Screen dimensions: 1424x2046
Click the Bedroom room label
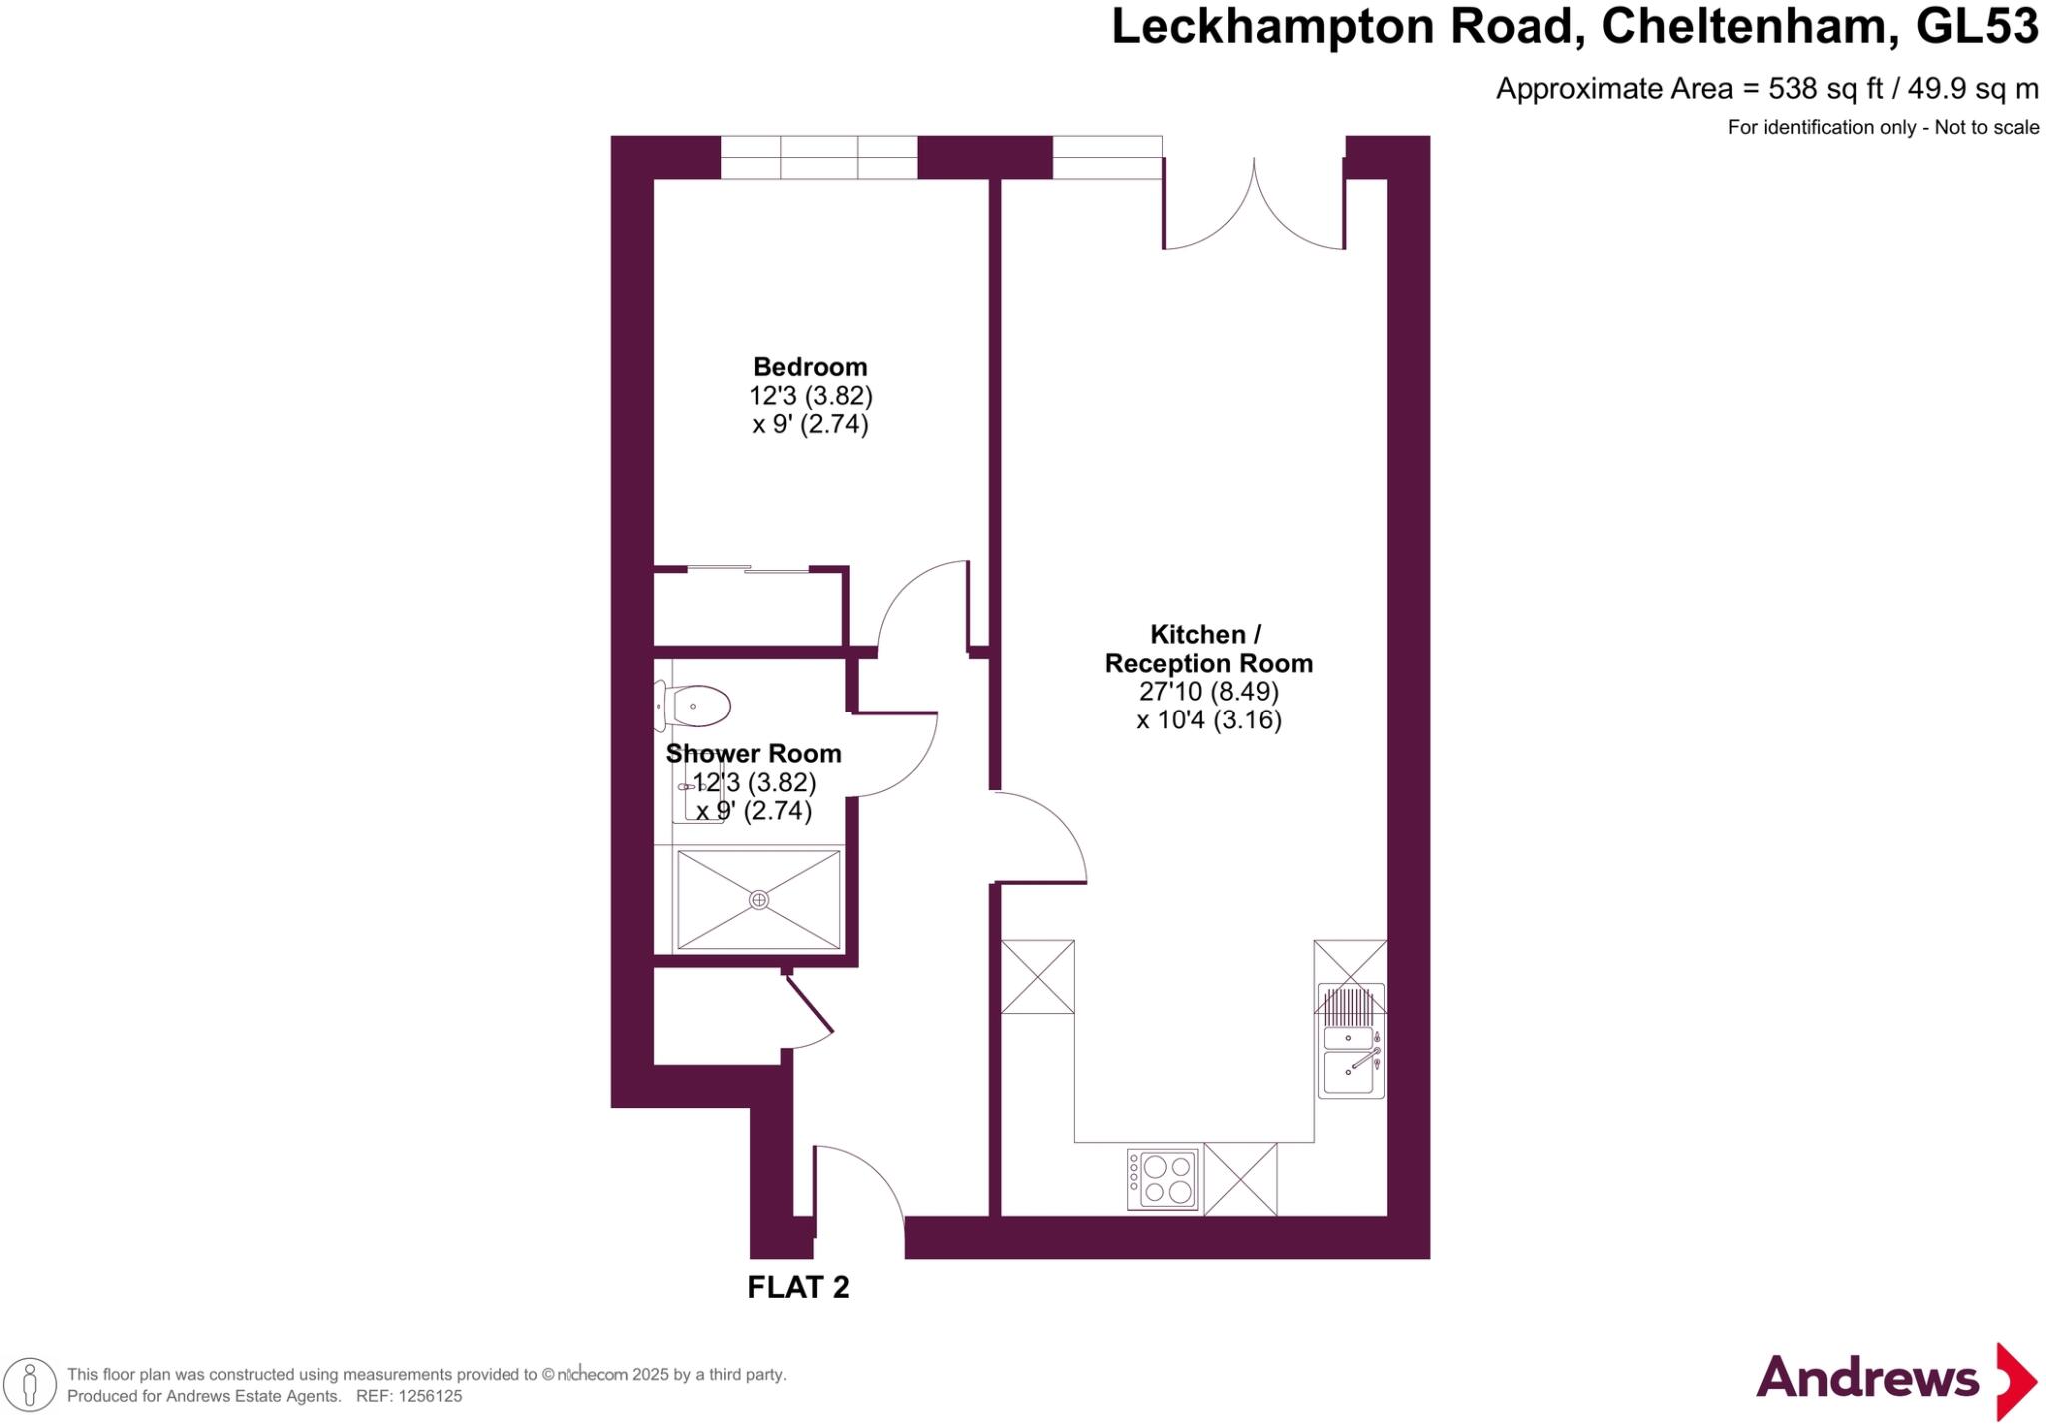tap(809, 367)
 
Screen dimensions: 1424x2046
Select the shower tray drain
tap(759, 900)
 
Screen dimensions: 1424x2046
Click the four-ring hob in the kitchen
tap(1163, 1180)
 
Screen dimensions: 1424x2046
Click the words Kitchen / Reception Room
tap(1207, 649)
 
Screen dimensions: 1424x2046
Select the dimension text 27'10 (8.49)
tap(1208, 692)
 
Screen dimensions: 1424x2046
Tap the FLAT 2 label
tap(798, 1287)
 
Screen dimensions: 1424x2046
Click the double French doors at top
tap(1254, 210)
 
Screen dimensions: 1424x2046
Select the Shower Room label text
tap(753, 754)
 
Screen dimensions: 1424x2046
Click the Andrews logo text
tap(1866, 1380)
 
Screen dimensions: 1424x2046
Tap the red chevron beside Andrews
tap(2016, 1382)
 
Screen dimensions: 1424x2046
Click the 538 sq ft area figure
tap(1824, 89)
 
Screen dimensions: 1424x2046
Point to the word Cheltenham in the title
tap(1749, 27)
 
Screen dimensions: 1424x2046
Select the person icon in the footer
tap(31, 1385)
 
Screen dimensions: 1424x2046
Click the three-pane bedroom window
tap(818, 158)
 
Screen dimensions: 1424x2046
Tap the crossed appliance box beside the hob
tap(1240, 1180)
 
